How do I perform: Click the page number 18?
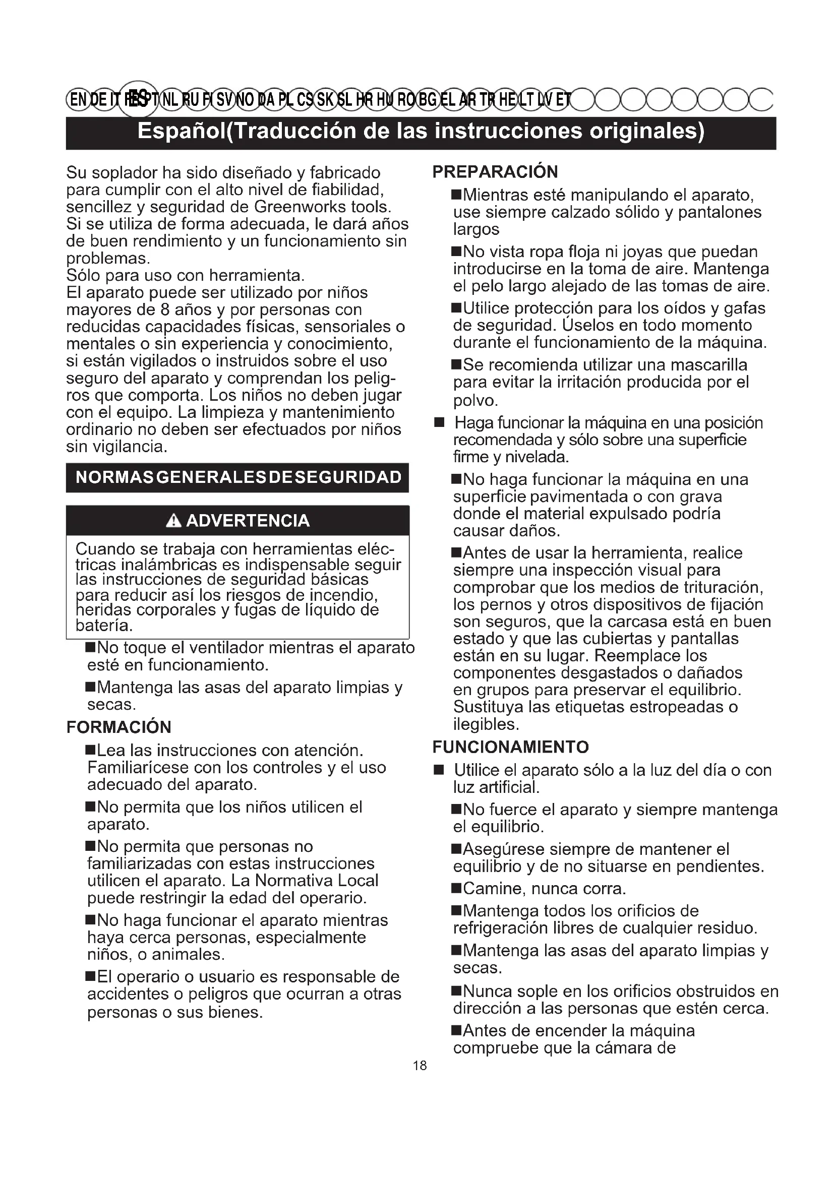(420, 1066)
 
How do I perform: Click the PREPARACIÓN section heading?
(495, 172)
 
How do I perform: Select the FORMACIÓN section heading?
(118, 727)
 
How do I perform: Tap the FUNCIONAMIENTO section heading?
(510, 747)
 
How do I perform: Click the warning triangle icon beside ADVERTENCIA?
(174, 521)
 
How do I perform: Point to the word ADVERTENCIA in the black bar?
(248, 521)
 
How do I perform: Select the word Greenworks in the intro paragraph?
(295, 207)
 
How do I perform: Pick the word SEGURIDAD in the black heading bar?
(349, 477)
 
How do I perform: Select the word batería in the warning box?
(104, 626)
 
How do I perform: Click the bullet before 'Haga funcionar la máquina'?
(439, 423)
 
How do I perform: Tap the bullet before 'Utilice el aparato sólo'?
(439, 770)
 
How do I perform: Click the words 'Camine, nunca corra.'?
(545, 888)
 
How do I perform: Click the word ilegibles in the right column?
(485, 724)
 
